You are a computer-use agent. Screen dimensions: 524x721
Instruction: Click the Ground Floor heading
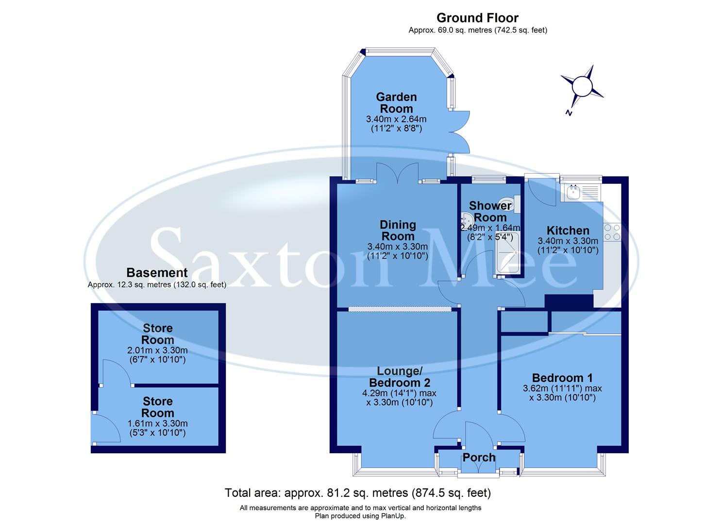[x=477, y=18]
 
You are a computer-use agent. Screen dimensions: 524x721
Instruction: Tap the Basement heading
[x=156, y=273]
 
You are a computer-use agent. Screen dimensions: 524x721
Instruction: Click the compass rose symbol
[x=582, y=87]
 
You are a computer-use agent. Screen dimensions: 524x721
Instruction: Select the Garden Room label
[x=396, y=103]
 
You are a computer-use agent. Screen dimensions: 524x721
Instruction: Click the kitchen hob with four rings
[x=612, y=232]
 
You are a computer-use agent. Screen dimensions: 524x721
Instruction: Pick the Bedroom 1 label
[x=562, y=377]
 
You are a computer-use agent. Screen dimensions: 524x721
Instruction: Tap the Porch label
[x=479, y=458]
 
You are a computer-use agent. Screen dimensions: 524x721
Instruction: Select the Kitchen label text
[x=568, y=230]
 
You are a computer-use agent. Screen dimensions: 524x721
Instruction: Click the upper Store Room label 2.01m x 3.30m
[x=157, y=350]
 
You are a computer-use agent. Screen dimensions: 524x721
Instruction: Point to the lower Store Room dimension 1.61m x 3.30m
[x=157, y=424]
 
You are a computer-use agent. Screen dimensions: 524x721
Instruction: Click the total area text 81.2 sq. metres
[x=358, y=493]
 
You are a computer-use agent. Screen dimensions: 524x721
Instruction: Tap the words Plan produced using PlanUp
[x=360, y=516]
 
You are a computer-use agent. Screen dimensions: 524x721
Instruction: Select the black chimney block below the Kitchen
[x=569, y=301]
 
